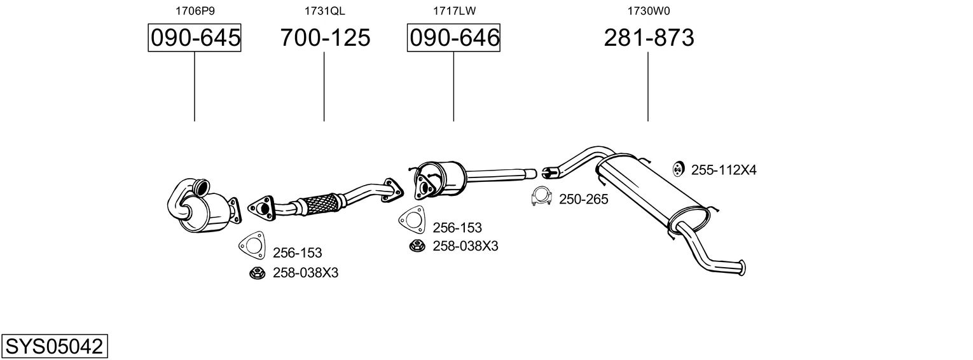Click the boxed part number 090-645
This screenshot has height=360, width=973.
[x=195, y=38]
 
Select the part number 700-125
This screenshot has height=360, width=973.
[x=325, y=38]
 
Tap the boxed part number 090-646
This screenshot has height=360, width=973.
[x=453, y=38]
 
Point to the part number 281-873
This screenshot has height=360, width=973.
[x=649, y=38]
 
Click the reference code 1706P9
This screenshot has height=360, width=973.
[x=195, y=11]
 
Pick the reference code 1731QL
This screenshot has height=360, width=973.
[x=325, y=11]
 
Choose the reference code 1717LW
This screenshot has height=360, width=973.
[x=454, y=11]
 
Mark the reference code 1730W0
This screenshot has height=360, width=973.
[x=649, y=11]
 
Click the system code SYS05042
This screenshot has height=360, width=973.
[x=54, y=347]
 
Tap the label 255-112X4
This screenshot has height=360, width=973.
[x=724, y=170]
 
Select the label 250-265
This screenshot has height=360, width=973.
[x=583, y=199]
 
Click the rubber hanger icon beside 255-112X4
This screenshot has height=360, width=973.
[x=679, y=169]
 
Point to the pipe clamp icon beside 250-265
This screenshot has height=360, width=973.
[x=541, y=198]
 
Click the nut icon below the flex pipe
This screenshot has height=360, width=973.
[x=257, y=273]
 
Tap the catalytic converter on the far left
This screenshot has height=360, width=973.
[x=204, y=207]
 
